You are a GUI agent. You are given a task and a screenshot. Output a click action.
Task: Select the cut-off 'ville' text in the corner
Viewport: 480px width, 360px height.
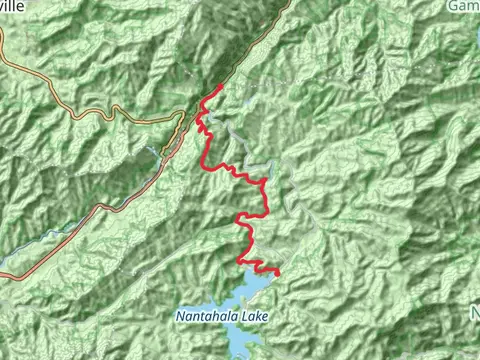click(x=14, y=5)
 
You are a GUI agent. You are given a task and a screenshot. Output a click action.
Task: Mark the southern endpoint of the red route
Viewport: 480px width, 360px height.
click(x=277, y=272)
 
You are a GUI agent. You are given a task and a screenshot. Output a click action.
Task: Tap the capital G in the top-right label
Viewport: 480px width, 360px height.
click(x=455, y=5)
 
